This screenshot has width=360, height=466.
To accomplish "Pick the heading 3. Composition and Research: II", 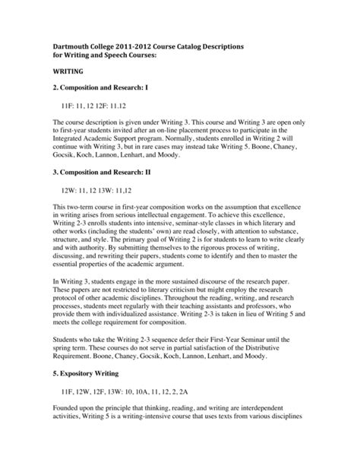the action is point(107,171).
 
